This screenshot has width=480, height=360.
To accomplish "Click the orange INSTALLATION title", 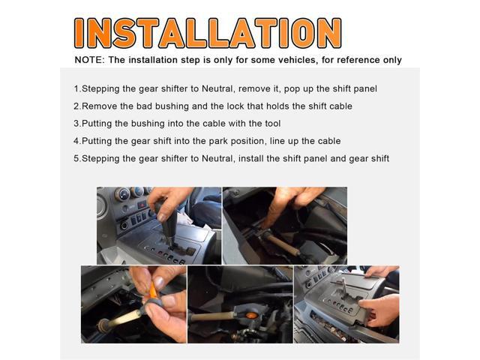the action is [x=208, y=33].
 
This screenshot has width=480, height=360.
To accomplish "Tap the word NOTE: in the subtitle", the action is [x=89, y=60].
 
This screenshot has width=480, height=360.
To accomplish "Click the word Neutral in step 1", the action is [x=217, y=88].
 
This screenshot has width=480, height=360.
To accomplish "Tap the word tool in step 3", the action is [x=273, y=124].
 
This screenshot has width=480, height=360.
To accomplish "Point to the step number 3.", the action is [x=76, y=124].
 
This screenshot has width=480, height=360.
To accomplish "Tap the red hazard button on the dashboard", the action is [x=142, y=205].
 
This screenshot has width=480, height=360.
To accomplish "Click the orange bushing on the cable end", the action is [x=252, y=315].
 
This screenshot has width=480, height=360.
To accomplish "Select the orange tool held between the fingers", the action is [x=153, y=292].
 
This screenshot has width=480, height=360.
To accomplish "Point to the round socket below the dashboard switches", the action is [x=124, y=226].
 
